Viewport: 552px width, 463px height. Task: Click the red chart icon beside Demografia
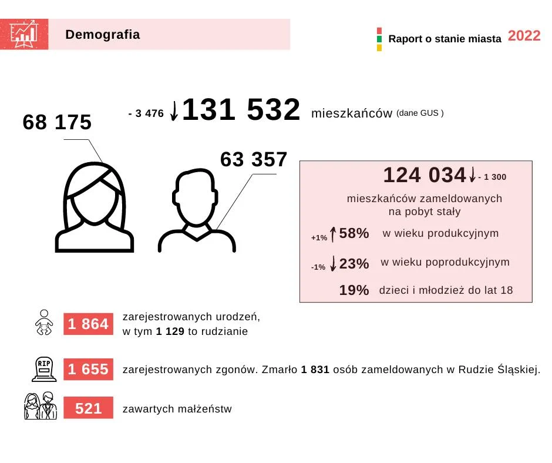24,34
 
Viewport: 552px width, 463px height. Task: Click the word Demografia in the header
103,35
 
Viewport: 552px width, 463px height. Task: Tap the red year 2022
524,36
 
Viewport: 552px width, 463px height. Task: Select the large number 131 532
241,110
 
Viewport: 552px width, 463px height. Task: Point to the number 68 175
57,122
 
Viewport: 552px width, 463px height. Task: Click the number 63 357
254,160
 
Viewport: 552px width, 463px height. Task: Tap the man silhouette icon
197,211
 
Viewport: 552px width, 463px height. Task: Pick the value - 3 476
146,114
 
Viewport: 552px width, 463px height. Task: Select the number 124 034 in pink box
425,175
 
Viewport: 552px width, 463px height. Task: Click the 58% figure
354,233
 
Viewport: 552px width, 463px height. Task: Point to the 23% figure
354,264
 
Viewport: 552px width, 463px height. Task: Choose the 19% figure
354,290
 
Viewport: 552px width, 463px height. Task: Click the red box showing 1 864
88,324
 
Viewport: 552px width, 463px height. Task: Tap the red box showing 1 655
88,370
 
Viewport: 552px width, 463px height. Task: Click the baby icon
44,323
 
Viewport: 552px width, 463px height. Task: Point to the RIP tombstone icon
44,369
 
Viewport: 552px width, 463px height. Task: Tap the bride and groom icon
40,405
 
